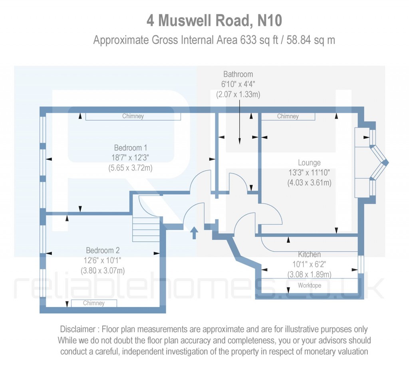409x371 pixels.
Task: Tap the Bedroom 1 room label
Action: coord(130,147)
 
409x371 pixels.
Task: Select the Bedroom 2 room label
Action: coord(103,251)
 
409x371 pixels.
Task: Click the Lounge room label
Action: coord(309,163)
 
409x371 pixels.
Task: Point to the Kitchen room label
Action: coord(309,254)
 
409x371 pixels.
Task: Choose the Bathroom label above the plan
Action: coord(238,74)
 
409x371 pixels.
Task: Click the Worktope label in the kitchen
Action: coord(309,285)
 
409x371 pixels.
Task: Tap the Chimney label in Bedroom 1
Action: coord(133,116)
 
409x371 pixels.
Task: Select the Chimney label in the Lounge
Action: coord(288,116)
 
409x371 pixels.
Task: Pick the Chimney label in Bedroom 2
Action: coord(94,303)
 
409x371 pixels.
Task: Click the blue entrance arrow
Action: coord(194,232)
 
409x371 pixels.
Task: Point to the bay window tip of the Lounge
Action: coord(386,162)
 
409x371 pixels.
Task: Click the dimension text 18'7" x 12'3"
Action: coord(130,158)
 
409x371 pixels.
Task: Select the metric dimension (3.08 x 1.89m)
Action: coord(309,274)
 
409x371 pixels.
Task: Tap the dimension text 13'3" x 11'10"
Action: coord(309,173)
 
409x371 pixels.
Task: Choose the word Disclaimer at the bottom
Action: coord(77,329)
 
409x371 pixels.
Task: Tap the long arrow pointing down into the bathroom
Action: coord(239,124)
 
